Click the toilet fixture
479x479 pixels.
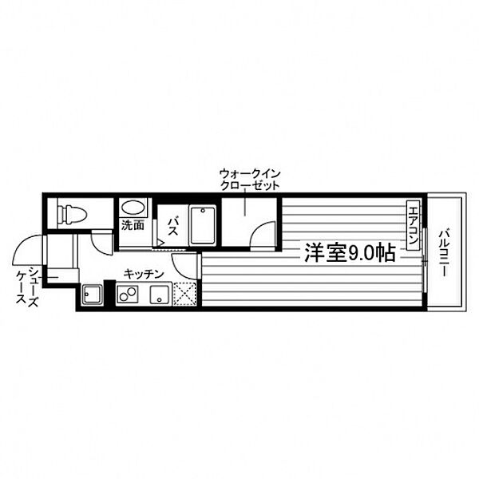pyautogui.click(x=72, y=213)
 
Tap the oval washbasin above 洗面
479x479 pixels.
pyautogui.click(x=133, y=208)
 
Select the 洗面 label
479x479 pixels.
pyautogui.click(x=133, y=225)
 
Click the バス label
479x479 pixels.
pyautogui.click(x=173, y=226)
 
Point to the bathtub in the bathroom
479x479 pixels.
pyautogui.click(x=203, y=225)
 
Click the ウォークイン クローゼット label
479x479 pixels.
pyautogui.click(x=250, y=180)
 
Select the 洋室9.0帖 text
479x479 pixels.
pyautogui.click(x=350, y=253)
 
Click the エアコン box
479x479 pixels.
pyautogui.click(x=414, y=225)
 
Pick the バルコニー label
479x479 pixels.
pyautogui.click(x=444, y=254)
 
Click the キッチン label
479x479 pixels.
pyautogui.click(x=144, y=275)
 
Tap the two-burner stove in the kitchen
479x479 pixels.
pyautogui.click(x=128, y=294)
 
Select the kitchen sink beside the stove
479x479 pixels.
pyautogui.click(x=160, y=295)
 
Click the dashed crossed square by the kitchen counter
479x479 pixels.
pyautogui.click(x=185, y=294)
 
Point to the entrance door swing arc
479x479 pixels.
pyautogui.click(x=27, y=249)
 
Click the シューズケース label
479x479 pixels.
pyautogui.click(x=27, y=285)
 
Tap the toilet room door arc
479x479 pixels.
pyautogui.click(x=101, y=244)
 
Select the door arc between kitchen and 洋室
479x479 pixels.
pyautogui.click(x=184, y=267)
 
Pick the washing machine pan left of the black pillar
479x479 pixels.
pyautogui.click(x=92, y=294)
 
